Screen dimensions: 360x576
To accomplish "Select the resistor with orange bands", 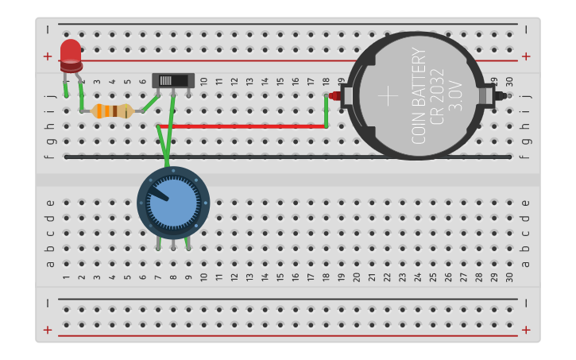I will point(112,111).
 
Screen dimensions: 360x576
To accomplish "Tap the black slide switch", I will point(172,80).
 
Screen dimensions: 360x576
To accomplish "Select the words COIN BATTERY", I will point(419,96).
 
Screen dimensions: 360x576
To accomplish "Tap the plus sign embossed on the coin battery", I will point(388,96).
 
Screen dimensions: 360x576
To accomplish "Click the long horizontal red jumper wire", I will point(242,126).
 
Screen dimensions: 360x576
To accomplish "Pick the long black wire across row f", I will point(286,157).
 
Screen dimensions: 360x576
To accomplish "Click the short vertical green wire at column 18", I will point(326,110).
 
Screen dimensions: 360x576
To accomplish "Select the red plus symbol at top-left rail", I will point(48,56).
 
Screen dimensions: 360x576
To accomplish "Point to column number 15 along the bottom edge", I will point(280,277).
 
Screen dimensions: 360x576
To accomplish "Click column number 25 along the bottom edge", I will point(432,277).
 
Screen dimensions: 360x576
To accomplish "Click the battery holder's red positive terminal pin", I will point(334,96).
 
